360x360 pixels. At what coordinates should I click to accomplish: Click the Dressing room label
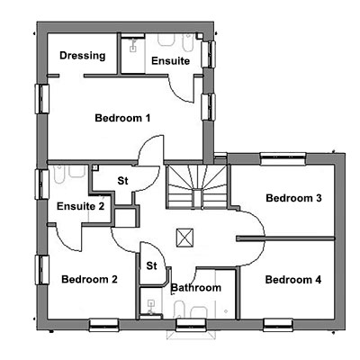[x=83, y=56]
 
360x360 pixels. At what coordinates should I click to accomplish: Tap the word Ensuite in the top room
[x=170, y=61]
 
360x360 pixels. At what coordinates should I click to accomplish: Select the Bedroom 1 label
[x=122, y=118]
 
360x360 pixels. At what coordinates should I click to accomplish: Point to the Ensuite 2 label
[x=80, y=206]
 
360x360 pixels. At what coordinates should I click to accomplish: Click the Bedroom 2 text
[x=89, y=279]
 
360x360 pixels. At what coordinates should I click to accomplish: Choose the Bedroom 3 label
[x=293, y=198]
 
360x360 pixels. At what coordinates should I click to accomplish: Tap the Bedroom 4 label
[x=293, y=280]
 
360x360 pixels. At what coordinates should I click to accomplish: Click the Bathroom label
[x=196, y=288]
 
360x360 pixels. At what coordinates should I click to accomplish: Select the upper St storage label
[x=122, y=181]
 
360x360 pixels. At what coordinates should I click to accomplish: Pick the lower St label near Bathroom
[x=151, y=265]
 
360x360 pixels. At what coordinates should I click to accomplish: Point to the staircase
[x=197, y=186]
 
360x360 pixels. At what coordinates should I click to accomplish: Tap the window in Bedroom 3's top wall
[x=283, y=158]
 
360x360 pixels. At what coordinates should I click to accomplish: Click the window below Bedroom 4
[x=278, y=325]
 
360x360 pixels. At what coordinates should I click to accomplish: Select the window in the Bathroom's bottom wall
[x=191, y=325]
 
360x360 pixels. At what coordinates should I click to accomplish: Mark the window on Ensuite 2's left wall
[x=42, y=184]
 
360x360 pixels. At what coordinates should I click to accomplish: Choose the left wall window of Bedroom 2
[x=42, y=270]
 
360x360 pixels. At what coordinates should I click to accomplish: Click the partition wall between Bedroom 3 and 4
[x=285, y=238]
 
